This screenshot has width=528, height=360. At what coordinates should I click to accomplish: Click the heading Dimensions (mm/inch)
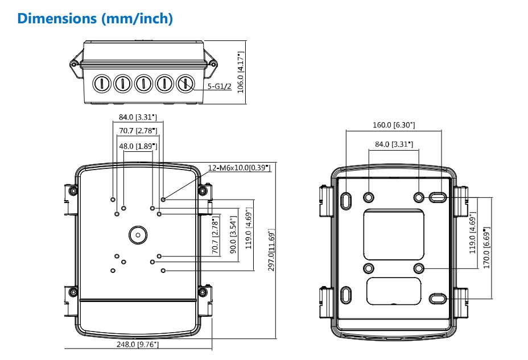click(x=95, y=19)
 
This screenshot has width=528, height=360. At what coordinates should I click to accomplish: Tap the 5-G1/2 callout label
click(x=219, y=86)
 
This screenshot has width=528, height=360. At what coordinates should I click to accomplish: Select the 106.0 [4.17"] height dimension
click(x=241, y=72)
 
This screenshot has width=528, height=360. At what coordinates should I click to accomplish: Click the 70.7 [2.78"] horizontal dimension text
click(x=138, y=131)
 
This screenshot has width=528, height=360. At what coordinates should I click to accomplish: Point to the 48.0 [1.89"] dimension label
click(x=138, y=146)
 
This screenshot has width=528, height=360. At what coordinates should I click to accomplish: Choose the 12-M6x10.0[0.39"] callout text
click(x=239, y=168)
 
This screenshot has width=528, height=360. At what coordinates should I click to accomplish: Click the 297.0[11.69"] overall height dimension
click(x=271, y=250)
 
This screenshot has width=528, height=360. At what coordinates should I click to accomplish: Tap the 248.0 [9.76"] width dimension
click(x=137, y=344)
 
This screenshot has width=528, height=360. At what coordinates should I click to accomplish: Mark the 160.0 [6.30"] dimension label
click(x=394, y=125)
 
